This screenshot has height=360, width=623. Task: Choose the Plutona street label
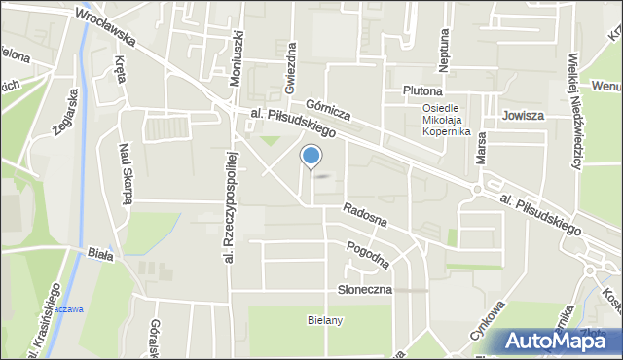click(x=422, y=90)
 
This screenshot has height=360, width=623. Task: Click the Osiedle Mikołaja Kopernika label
click(x=447, y=120)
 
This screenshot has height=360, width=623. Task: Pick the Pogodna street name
click(x=368, y=254)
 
